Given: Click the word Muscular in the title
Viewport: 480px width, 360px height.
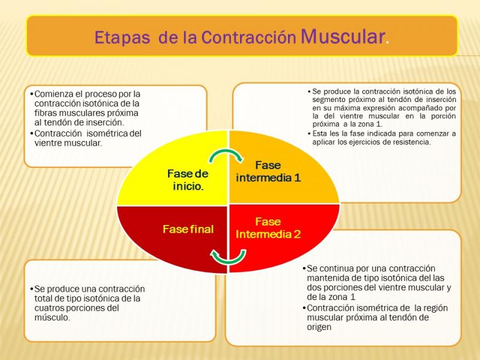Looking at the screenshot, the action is tap(343, 37).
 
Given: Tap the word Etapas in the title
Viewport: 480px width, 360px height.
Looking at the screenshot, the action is tap(122, 38).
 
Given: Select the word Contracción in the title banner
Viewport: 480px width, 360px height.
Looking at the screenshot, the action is tap(248, 37).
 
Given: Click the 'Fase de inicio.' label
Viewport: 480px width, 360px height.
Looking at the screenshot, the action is tap(188, 180).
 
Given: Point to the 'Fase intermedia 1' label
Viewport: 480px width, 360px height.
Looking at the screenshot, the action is tap(268, 172).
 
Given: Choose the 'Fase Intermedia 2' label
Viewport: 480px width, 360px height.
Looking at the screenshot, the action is tap(268, 228).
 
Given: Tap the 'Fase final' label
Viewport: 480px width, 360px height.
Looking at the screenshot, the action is tap(188, 229).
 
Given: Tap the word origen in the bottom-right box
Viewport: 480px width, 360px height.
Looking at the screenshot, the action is tap(319, 327).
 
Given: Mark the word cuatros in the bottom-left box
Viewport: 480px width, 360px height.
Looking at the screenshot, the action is tap(49, 308).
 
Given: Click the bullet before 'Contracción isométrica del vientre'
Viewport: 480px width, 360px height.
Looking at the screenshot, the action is tap(32, 133).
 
